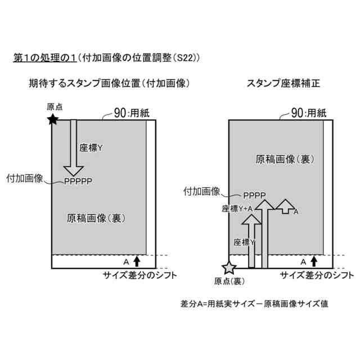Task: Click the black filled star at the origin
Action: point(52,119)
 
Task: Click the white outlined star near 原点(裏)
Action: point(229,267)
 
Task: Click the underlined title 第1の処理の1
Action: point(45,57)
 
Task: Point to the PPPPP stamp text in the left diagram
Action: point(78,181)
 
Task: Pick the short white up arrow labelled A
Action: point(286,206)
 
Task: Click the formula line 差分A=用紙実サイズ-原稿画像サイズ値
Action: point(254,303)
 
